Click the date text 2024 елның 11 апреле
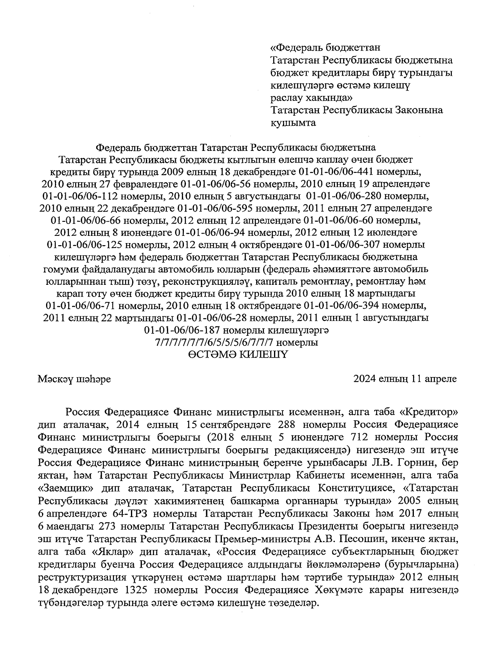pyautogui.click(x=405, y=379)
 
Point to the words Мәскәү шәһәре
pyautogui.click(x=75, y=379)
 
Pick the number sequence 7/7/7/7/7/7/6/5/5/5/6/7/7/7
pyautogui.click(x=215, y=343)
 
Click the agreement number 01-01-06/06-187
pyautogui.click(x=182, y=331)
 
